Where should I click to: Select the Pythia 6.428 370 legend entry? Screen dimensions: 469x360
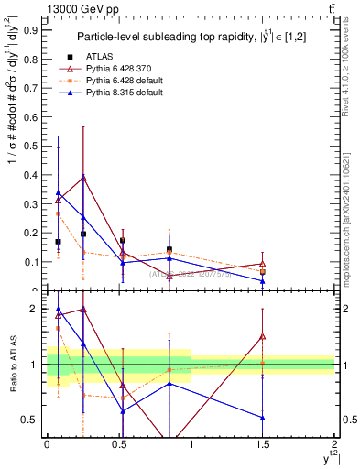[x=115, y=68]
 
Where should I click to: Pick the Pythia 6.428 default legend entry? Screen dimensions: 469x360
[x=119, y=80]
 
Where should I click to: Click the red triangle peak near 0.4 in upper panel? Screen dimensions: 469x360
[x=83, y=177]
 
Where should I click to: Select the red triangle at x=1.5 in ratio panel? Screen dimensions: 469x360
[x=263, y=336]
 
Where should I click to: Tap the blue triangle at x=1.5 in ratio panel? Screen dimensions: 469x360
[x=263, y=418]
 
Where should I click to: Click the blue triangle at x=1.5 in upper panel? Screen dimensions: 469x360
[x=263, y=281]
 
